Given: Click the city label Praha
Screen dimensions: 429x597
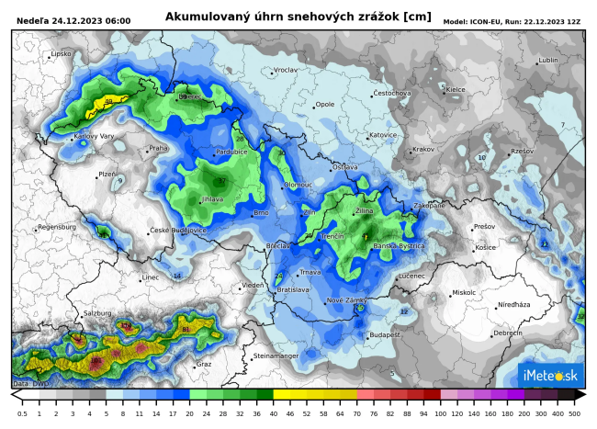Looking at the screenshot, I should coord(159,148).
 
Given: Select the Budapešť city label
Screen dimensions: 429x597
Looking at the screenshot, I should coord(385,335).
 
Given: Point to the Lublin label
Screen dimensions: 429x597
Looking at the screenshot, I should coord(548,61).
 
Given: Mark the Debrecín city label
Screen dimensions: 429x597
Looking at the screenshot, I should coord(508,333).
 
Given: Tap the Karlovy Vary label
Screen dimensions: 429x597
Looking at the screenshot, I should coord(94,136).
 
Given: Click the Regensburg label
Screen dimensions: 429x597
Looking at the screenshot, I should coord(57,227).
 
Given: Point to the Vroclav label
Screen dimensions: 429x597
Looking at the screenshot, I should coord(286,70).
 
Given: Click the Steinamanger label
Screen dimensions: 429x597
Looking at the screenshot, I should coord(276,355).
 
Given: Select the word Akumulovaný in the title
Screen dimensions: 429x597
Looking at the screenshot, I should coord(205,17).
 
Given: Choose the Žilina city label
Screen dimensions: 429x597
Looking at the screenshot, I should coord(364,211).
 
